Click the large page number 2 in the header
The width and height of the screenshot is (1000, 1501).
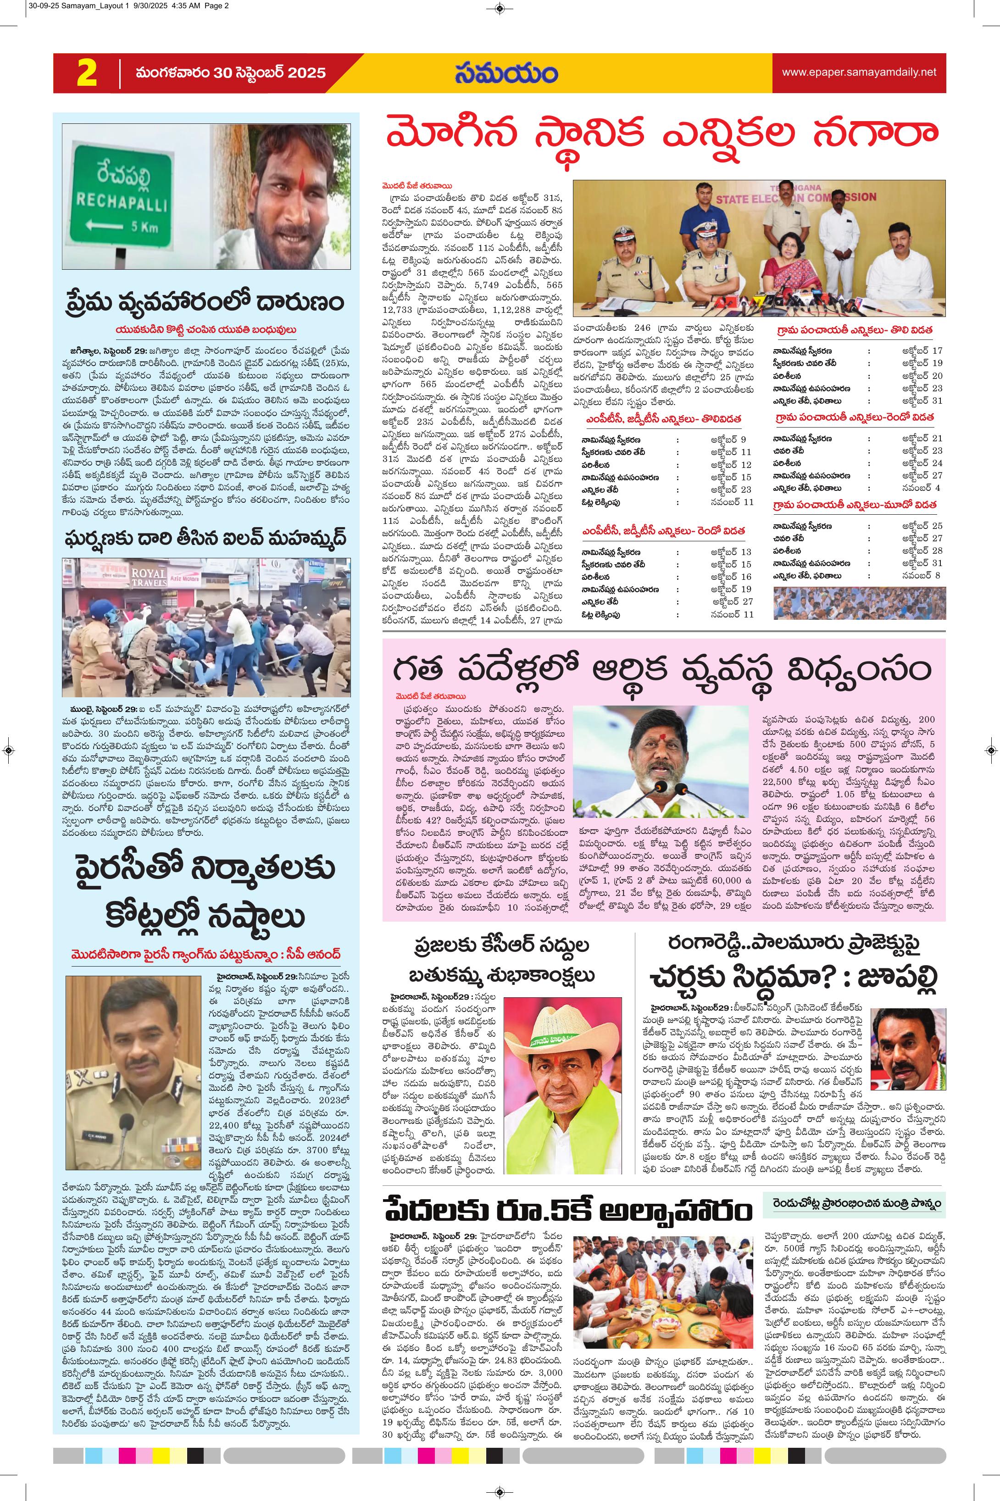[86, 73]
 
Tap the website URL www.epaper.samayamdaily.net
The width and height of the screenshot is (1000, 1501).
[859, 72]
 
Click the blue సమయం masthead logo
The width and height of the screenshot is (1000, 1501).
[506, 73]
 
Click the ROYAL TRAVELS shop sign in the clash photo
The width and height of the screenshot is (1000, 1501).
[149, 578]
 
